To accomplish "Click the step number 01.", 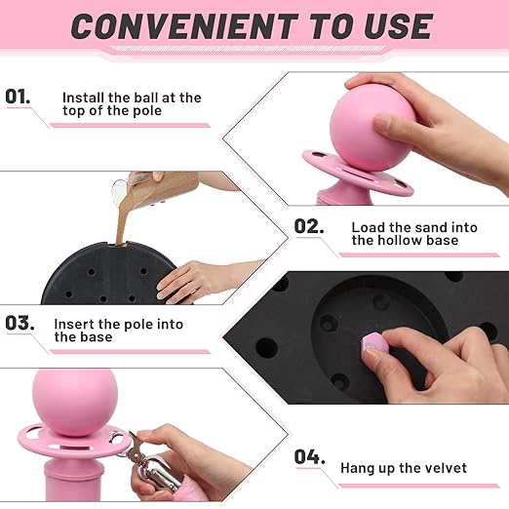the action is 18,97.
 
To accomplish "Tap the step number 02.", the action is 309,226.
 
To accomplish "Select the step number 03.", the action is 20,323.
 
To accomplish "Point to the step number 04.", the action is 309,456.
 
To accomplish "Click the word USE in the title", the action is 398,26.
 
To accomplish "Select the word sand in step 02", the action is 427,227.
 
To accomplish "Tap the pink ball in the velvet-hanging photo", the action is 75,403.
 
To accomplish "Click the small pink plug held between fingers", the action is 375,344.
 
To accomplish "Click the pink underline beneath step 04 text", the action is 419,486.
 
